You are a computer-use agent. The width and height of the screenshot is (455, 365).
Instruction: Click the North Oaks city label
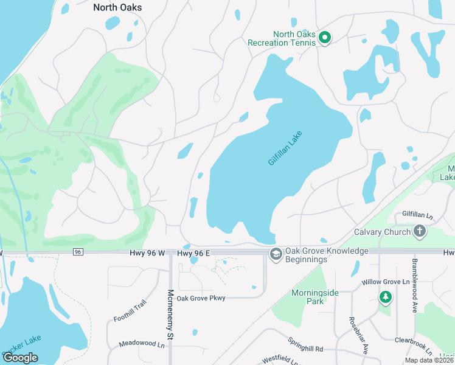(x=117, y=7)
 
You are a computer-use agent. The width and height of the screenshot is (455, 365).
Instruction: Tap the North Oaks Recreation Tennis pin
(x=325, y=38)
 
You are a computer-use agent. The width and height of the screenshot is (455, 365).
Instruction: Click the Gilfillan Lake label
(x=285, y=148)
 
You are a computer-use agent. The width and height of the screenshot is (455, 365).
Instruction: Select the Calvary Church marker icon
(x=419, y=231)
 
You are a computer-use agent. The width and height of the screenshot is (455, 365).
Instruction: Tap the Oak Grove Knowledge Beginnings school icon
(x=276, y=254)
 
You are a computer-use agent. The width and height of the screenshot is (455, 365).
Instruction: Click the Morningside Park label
(x=314, y=296)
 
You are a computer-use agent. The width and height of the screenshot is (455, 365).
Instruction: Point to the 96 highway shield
(x=77, y=252)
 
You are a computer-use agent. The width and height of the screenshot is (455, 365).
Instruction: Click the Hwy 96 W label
(x=147, y=252)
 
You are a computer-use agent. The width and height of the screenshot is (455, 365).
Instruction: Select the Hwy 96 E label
(x=193, y=252)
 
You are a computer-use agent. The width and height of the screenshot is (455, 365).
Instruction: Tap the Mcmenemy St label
(x=171, y=314)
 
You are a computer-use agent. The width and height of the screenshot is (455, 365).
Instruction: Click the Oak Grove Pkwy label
(x=201, y=298)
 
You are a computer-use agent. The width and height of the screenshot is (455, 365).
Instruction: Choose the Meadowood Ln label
(x=142, y=344)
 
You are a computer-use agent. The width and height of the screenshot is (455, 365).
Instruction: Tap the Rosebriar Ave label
(x=358, y=335)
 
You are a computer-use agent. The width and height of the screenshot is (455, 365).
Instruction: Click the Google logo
(x=20, y=358)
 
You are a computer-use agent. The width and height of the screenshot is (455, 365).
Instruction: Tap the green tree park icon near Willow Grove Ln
(x=384, y=297)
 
